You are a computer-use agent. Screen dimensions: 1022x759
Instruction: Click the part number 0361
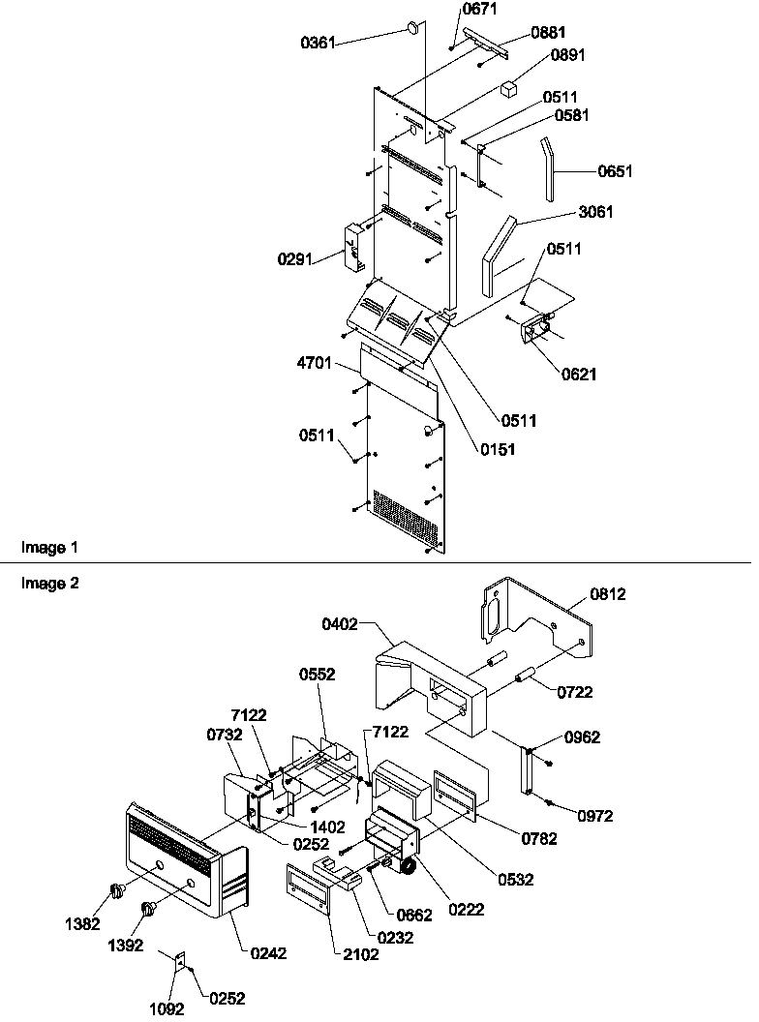point(318,43)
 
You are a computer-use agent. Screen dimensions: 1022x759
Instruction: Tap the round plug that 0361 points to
point(413,27)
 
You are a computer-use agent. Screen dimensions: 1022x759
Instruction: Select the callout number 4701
point(316,364)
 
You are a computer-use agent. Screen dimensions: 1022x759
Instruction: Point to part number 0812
point(608,594)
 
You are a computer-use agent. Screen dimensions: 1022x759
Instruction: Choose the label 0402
point(341,625)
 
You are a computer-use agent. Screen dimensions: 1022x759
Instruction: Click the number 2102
point(362,954)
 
